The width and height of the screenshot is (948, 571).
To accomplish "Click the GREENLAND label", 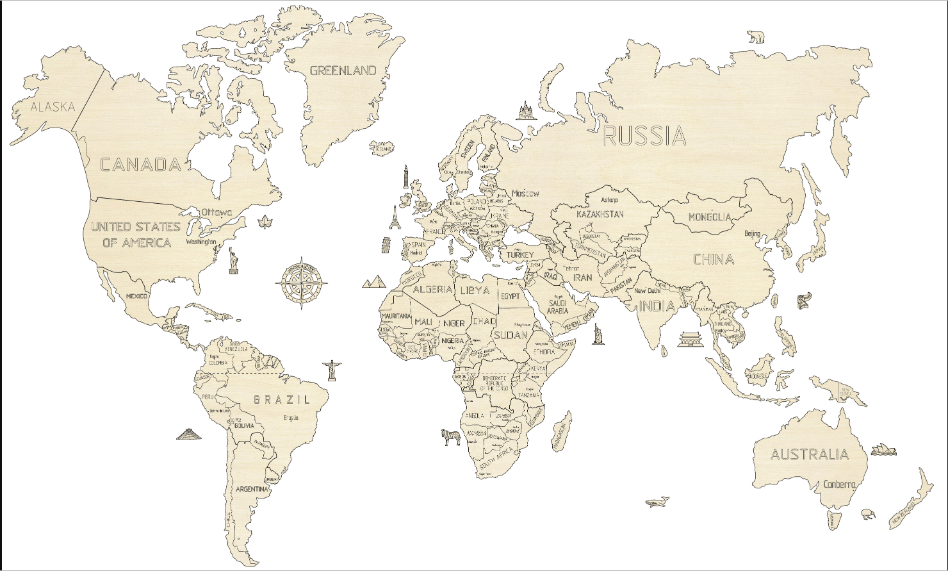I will click(343, 70).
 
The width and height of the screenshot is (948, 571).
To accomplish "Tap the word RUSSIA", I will click(644, 136).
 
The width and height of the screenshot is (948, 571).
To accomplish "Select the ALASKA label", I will click(53, 107).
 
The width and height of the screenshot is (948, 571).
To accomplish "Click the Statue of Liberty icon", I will click(234, 260).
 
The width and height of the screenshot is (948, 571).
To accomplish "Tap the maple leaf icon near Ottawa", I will click(264, 223).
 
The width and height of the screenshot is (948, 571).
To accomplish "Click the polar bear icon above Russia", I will click(756, 37).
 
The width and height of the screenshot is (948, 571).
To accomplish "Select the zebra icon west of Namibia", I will click(451, 437).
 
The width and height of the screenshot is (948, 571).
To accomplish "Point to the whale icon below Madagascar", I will click(657, 501).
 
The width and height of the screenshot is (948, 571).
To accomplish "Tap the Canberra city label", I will click(839, 484).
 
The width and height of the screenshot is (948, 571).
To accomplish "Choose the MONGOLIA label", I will click(709, 217).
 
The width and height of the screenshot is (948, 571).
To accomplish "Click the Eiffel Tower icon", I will click(395, 220).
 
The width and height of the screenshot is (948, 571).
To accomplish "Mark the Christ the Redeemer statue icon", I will click(332, 369).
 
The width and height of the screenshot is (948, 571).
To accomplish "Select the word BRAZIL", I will click(282, 400).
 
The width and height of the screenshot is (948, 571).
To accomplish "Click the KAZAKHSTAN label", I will click(600, 214).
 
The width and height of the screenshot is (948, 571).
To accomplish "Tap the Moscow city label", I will click(525, 193).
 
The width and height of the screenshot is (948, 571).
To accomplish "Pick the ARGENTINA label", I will click(252, 489).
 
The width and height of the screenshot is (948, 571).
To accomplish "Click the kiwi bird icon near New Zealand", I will click(868, 512).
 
